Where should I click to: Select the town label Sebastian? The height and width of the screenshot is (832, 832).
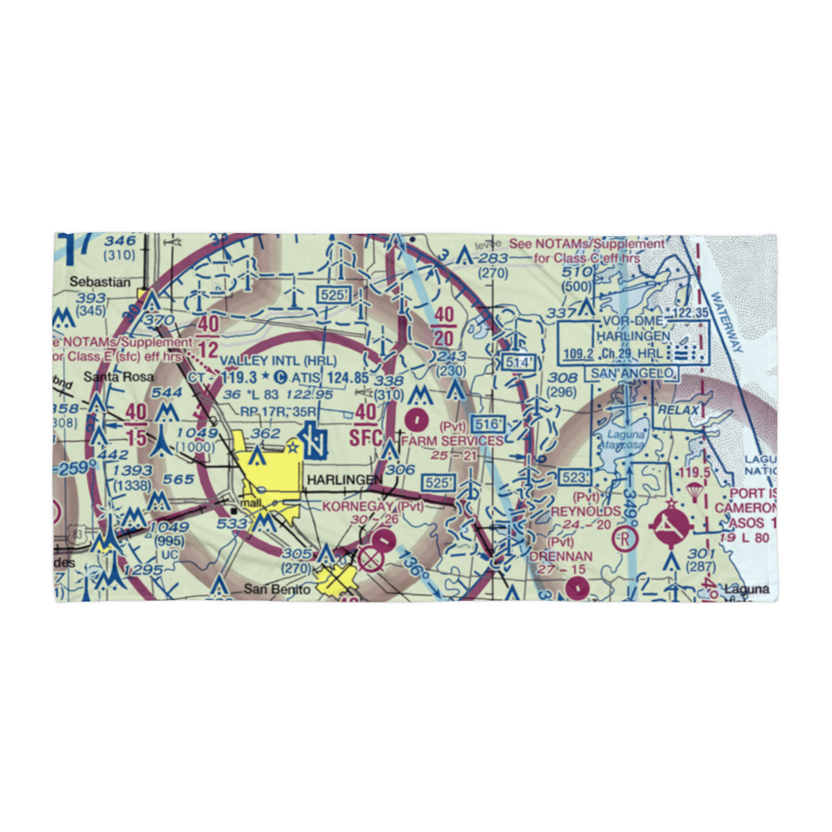100,282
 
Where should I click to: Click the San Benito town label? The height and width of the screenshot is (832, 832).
276,589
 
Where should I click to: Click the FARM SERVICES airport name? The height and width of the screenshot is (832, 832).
453,440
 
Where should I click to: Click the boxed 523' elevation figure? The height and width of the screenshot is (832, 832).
575,477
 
